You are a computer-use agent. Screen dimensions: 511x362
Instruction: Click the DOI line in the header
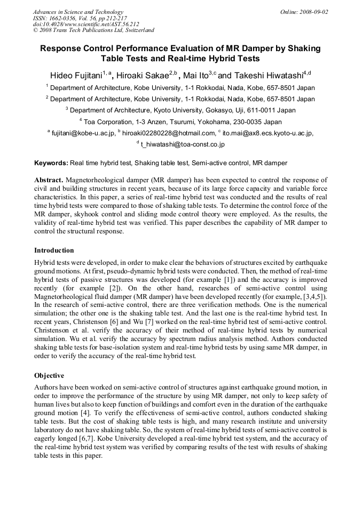pos(86,24)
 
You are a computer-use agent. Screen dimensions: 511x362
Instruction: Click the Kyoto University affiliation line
pos(180,110)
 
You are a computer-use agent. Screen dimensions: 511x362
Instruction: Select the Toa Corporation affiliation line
pos(180,121)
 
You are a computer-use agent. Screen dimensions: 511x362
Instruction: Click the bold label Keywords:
pos(51,163)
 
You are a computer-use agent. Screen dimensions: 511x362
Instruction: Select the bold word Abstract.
pos(49,180)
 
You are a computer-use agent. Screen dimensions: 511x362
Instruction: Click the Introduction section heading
pos(54,250)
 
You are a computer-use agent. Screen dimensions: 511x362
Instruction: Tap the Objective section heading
pos(49,375)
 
